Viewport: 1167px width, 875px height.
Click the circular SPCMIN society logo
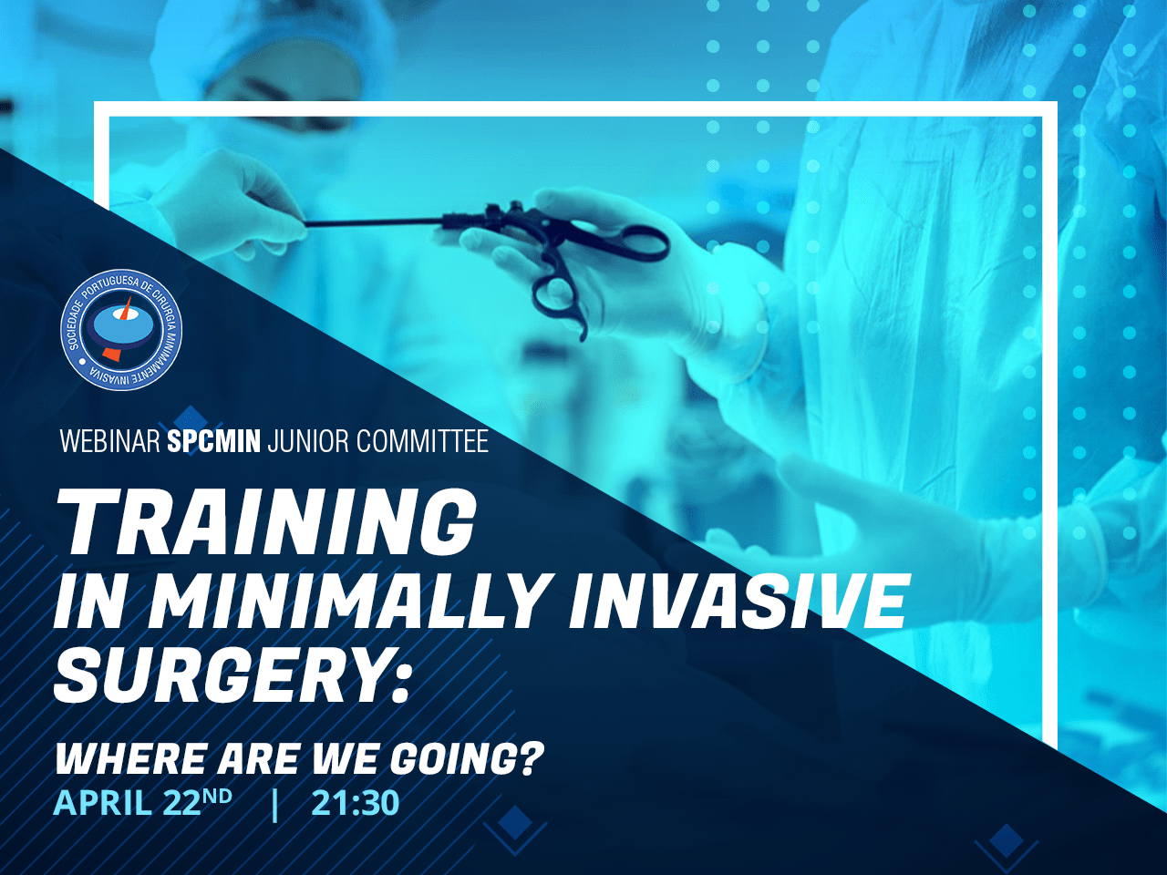pos(121,329)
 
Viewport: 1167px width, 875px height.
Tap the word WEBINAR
pos(110,441)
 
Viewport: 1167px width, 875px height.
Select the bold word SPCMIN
pos(213,441)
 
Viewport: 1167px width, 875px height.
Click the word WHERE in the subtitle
pos(130,759)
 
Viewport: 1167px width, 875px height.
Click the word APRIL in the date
pos(101,803)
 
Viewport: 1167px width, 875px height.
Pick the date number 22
pos(181,803)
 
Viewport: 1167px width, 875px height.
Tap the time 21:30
pos(356,803)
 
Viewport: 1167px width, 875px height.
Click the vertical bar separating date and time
pos(274,805)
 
